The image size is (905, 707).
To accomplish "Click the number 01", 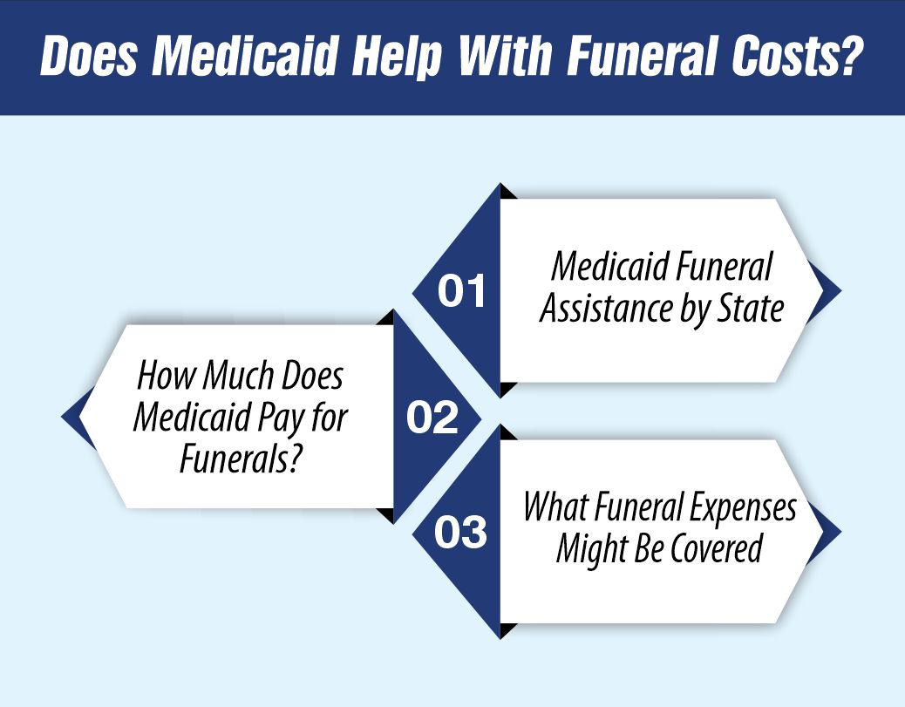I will pos(461,292).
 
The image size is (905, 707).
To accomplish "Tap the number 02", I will pos(432,419).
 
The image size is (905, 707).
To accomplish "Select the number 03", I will pos(461,533).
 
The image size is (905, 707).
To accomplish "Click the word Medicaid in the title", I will pos(233,58).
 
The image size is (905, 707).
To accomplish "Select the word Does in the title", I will pos(89,58).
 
